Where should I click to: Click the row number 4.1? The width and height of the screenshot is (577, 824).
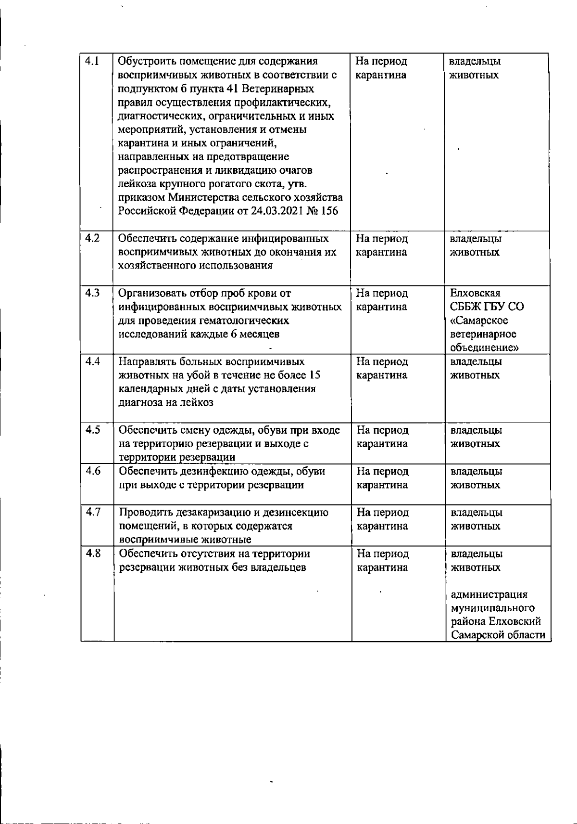[92, 61]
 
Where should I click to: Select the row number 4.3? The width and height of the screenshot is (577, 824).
[92, 293]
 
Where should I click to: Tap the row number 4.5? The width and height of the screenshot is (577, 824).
[92, 430]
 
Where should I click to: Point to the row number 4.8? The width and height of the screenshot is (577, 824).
[92, 554]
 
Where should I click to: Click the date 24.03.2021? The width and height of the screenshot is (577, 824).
[277, 211]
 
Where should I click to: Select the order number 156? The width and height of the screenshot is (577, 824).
[330, 211]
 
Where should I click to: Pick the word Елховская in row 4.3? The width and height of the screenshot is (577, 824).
[475, 293]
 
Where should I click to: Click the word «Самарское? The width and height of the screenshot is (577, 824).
[479, 321]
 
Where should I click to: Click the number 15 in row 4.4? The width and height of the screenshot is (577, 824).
[315, 375]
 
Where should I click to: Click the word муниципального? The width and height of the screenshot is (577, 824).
[492, 608]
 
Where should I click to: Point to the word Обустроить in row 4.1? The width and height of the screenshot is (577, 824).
[147, 62]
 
